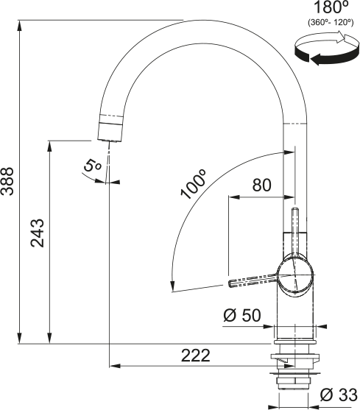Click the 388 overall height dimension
(x=8, y=181)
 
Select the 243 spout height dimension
(x=38, y=234)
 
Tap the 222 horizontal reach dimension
(x=194, y=355)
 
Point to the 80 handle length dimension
(x=262, y=185)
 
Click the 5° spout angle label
(x=92, y=166)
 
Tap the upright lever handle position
(x=295, y=228)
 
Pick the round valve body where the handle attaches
(x=297, y=276)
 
